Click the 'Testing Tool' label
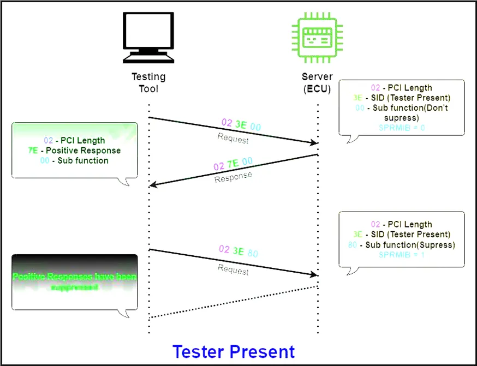tap(148, 82)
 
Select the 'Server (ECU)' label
tap(317, 82)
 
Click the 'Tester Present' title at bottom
tap(234, 351)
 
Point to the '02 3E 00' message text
tap(241, 125)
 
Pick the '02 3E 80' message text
tap(238, 251)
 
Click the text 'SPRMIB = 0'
tap(401, 127)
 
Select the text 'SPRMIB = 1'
tap(401, 254)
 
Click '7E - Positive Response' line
tap(74, 151)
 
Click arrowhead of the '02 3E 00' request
tap(315, 143)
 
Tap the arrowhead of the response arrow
tap(152, 185)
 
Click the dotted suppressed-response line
tap(234, 301)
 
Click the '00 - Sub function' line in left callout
tap(74, 161)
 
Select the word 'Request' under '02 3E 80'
tap(233, 269)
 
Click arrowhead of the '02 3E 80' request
tap(315, 274)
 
